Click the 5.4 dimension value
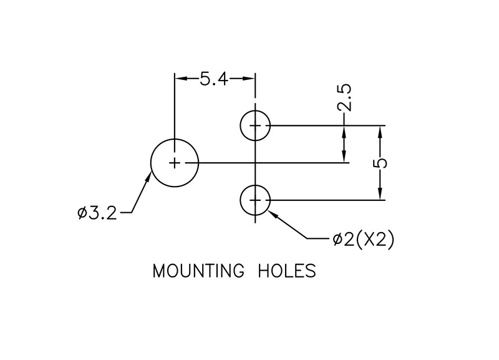[215, 79]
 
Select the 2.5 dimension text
[345, 99]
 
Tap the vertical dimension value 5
[382, 163]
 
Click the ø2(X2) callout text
[363, 240]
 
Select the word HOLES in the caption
[287, 272]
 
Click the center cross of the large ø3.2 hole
[175, 163]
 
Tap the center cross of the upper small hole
[255, 125]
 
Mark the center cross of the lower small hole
[255, 200]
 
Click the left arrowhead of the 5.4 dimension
[180, 79]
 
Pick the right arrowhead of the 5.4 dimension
[251, 79]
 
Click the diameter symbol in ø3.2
[82, 213]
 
